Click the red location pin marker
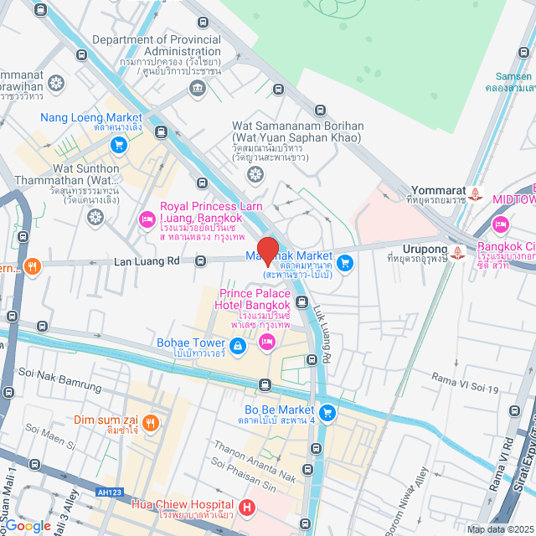click(x=267, y=250)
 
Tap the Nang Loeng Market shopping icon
click(x=119, y=144)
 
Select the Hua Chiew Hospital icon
click(x=247, y=507)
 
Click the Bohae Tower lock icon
click(x=238, y=344)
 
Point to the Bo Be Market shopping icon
click(x=327, y=411)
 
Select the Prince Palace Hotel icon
click(x=267, y=341)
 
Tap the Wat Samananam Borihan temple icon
click(x=255, y=174)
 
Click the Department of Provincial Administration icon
click(x=198, y=90)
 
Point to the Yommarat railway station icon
click(x=476, y=193)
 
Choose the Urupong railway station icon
click(x=458, y=250)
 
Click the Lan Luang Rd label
click(x=147, y=261)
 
